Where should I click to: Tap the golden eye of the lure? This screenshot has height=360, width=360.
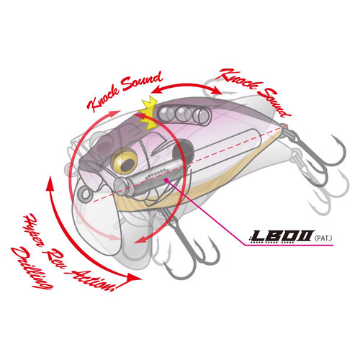point(124,161)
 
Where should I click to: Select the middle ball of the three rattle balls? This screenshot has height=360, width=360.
point(184,114)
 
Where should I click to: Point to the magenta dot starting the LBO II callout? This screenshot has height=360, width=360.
point(166,180)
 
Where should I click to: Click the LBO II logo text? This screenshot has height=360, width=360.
point(282,236)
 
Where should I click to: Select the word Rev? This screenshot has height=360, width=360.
point(55,261)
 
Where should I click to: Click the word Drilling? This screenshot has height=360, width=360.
point(30,268)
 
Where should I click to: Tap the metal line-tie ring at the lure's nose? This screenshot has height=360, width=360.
point(85,194)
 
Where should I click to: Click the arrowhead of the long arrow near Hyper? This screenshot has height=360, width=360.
point(50,183)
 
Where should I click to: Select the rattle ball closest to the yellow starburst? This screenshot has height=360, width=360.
point(166,112)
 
